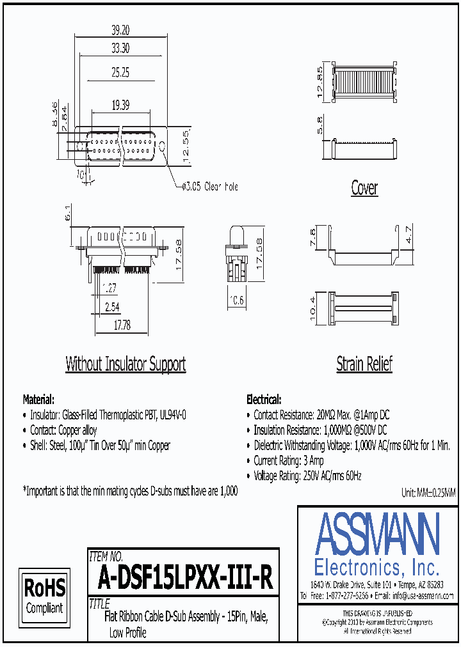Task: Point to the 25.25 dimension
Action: point(120,73)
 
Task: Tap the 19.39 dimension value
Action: point(120,104)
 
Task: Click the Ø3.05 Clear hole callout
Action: point(210,187)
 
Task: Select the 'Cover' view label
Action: point(364,188)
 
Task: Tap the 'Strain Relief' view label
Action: point(364,364)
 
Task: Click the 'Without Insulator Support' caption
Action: point(125,364)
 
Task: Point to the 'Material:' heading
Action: point(38,399)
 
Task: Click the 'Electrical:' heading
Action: point(263,399)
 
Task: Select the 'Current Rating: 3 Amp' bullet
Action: point(289,460)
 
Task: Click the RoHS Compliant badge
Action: point(44,594)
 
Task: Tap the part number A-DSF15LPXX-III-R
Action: point(186,579)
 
